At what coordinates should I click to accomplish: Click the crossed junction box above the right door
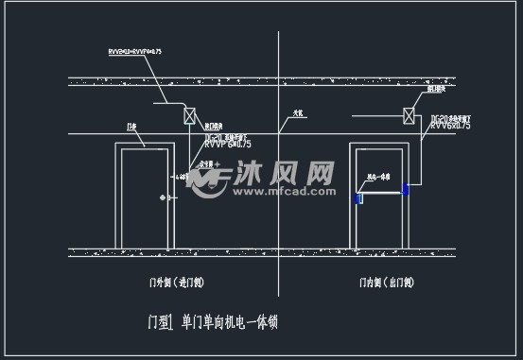[410, 115]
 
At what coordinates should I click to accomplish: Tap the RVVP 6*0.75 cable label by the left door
[228, 145]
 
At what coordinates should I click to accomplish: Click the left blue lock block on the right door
[358, 197]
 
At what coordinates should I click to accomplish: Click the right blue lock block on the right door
[405, 190]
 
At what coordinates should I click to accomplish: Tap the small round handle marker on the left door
[164, 197]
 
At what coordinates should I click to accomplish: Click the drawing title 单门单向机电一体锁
[229, 321]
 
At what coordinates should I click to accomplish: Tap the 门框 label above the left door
[131, 126]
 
